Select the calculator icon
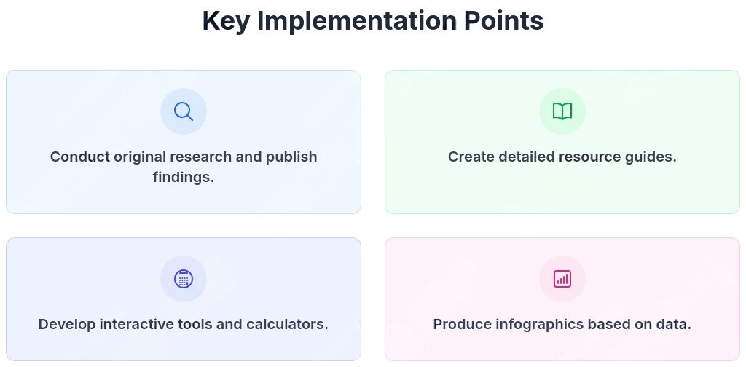[183, 279]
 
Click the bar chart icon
[562, 279]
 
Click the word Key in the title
[225, 21]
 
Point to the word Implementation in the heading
[356, 21]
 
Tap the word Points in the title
[504, 21]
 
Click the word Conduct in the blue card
[80, 157]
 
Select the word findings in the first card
[183, 178]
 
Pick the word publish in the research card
[291, 157]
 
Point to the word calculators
[287, 324]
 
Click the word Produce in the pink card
[462, 324]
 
